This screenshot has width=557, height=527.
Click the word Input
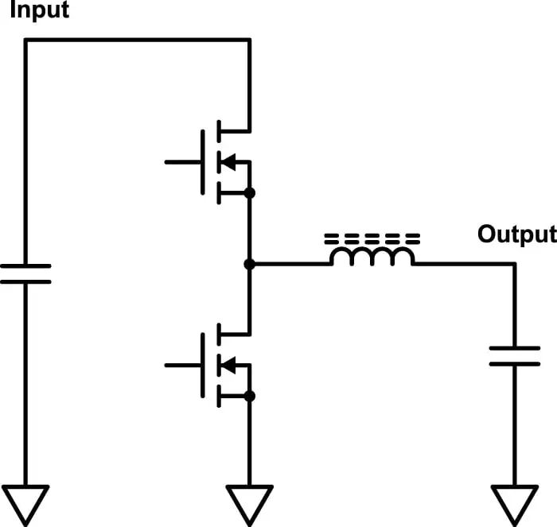[x=38, y=11]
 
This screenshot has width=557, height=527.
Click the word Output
[x=516, y=234]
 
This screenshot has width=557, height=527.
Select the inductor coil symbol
[x=372, y=257]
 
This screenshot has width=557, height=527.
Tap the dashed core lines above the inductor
[x=372, y=238]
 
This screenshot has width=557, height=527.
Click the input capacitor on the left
[x=25, y=273]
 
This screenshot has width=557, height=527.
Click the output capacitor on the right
[x=514, y=355]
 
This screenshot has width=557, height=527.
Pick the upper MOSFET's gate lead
[x=182, y=162]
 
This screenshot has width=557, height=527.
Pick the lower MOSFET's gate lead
[x=182, y=365]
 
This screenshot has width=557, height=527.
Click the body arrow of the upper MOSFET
[x=228, y=162]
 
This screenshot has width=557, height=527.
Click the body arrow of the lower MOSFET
[x=228, y=365]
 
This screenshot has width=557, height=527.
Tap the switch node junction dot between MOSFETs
[x=249, y=264]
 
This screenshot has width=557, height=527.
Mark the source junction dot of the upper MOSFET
[x=249, y=193]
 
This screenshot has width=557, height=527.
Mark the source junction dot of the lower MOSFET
[x=249, y=396]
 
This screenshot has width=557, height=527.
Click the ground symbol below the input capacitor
[x=25, y=502]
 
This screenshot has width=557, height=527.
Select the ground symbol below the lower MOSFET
[x=249, y=502]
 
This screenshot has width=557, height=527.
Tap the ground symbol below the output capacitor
[x=514, y=502]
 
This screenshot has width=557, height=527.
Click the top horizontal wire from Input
[x=135, y=40]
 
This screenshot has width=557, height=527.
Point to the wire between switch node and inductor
[x=290, y=264]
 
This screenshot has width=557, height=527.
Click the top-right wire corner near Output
[x=514, y=265]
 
